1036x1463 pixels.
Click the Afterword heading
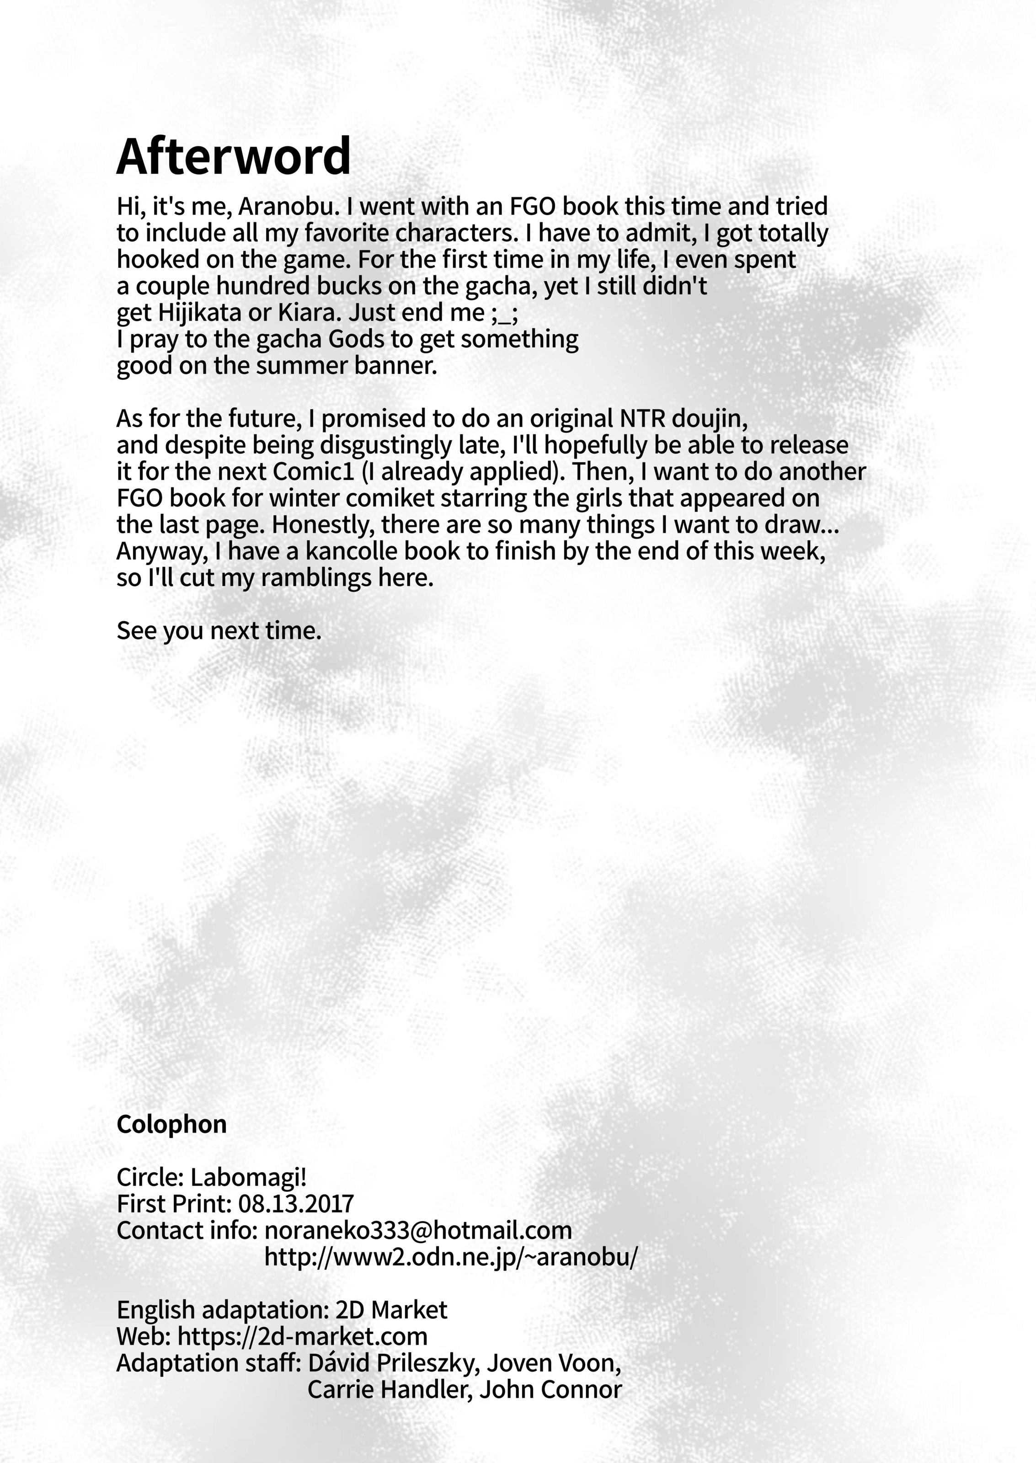(x=234, y=156)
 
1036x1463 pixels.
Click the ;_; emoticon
(x=505, y=313)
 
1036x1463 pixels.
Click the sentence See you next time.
(x=219, y=631)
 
